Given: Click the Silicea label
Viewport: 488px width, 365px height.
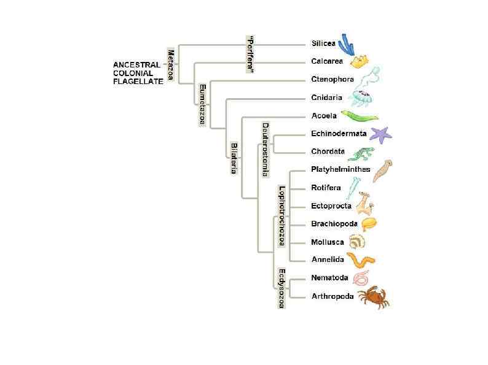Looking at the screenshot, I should point(324,44).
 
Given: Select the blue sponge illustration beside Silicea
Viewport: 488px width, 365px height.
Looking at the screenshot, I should point(346,44).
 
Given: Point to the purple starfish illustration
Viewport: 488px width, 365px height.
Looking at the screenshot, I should point(379,134).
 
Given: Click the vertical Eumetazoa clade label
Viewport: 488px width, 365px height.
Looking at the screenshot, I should point(202,105).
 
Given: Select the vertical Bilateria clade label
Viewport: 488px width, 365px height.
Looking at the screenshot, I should point(234,158).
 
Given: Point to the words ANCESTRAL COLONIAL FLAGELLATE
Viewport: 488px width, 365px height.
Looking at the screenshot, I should point(138,72).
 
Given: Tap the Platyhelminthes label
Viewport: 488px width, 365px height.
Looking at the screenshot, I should point(340,169).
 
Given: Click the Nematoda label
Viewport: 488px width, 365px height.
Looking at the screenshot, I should point(329,278).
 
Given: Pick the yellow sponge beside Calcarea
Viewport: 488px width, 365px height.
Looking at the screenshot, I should point(360,61).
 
